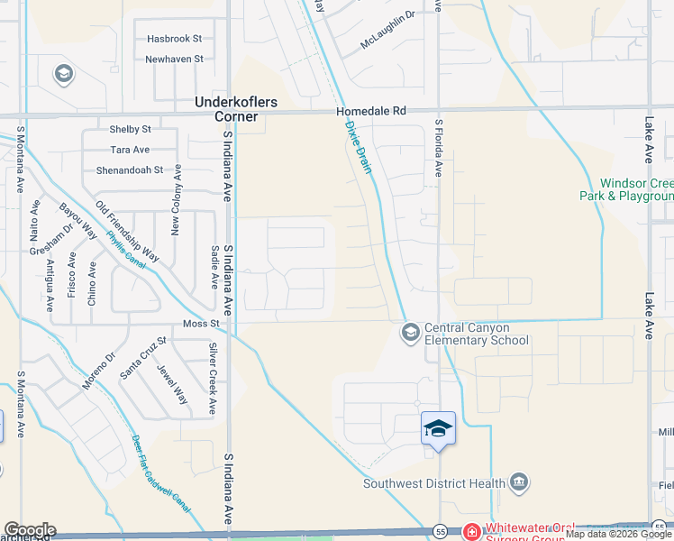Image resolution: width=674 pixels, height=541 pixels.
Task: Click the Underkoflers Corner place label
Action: click(x=227, y=109)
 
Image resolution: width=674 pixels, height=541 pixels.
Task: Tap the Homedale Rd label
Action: click(x=371, y=111)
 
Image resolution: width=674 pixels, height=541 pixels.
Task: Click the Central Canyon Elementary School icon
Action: click(x=410, y=334)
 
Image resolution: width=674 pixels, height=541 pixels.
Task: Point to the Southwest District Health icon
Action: click(x=519, y=482)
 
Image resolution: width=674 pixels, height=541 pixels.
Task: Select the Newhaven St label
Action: click(x=175, y=60)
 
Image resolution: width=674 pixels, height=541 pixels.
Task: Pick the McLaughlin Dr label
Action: click(x=387, y=41)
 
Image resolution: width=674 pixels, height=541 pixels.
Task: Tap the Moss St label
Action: click(x=201, y=323)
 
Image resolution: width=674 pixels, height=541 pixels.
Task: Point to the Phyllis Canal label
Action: click(x=125, y=251)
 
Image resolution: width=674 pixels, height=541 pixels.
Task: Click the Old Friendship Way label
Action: click(x=127, y=231)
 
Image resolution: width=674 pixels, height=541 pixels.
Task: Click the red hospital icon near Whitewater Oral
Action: click(x=471, y=533)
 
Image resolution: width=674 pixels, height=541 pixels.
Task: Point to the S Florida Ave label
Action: click(x=440, y=148)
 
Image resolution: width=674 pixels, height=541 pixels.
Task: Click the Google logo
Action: click(x=30, y=530)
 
